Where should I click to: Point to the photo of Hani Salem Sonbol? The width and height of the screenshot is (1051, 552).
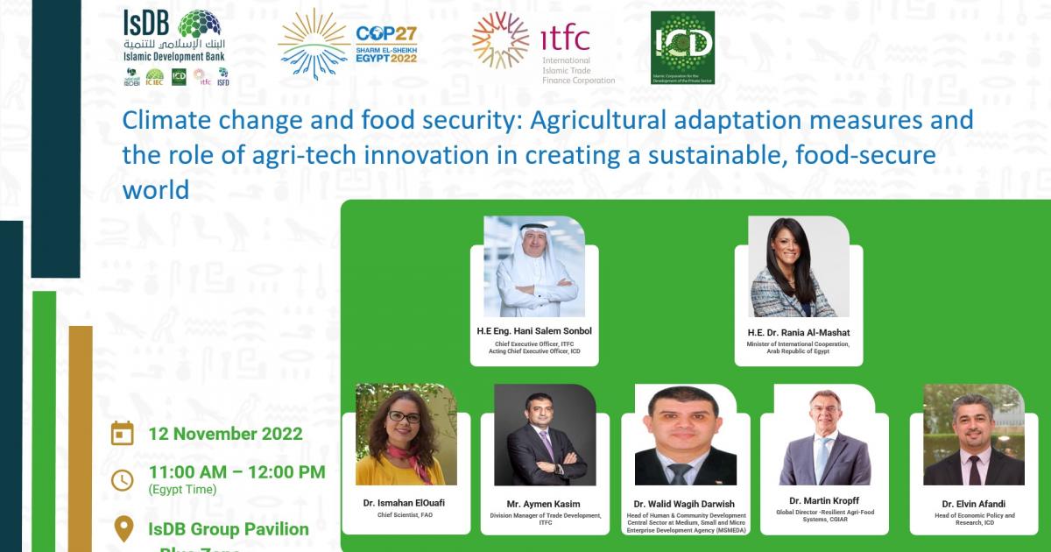coord(534,266)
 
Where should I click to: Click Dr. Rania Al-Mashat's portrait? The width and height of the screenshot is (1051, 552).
coord(799,266)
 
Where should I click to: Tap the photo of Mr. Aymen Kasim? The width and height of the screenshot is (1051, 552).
coord(545,435)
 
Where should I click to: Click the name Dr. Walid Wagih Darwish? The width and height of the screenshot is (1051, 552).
coord(685,504)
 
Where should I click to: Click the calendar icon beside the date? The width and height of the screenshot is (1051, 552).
coord(123,434)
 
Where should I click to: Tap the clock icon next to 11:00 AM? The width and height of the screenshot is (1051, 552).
coord(123,480)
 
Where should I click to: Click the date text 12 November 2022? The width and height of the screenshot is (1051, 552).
coord(226,434)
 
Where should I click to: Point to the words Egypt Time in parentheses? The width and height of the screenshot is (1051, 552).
coord(182,490)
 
